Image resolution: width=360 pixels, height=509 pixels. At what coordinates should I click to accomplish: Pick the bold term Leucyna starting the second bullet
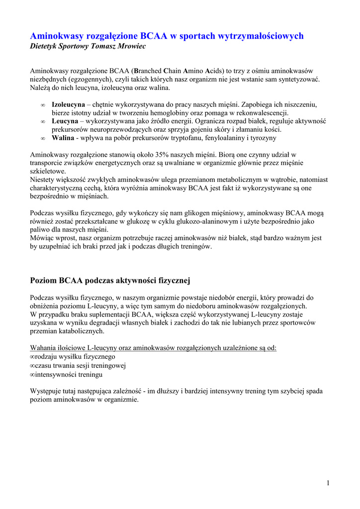[65, 121]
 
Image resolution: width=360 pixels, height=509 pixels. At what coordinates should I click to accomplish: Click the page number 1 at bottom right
[329, 483]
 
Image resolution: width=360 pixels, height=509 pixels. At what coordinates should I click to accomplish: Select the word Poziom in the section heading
[44, 281]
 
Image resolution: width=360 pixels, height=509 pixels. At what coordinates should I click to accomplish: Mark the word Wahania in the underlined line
[43, 348]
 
